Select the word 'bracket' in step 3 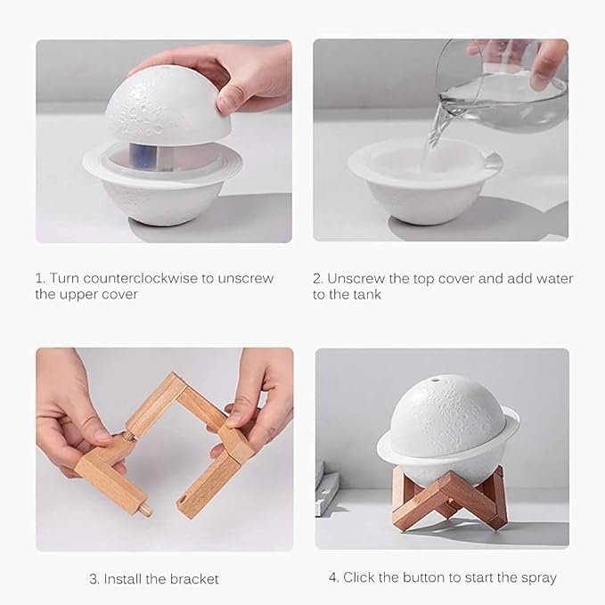tap(193, 578)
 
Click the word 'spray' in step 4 tap(537, 577)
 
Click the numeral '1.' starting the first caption tap(41, 278)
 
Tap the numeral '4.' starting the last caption tap(333, 577)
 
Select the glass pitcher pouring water tap(503, 89)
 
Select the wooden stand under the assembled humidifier tap(448, 499)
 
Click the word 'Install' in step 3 tap(126, 578)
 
